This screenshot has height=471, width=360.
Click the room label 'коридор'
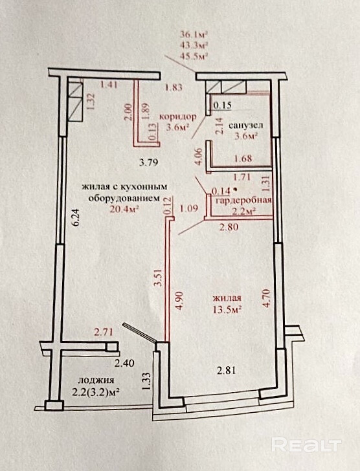point(178,116)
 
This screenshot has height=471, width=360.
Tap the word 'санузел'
point(246,125)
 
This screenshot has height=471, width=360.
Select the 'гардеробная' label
point(243,201)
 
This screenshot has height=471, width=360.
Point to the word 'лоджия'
point(96,380)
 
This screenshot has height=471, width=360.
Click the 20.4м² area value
point(126,208)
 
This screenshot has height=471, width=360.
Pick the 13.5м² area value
point(227,309)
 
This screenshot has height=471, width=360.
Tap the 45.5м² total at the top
point(194,56)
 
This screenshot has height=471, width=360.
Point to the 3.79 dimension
point(149,163)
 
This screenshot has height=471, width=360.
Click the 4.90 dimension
point(179,300)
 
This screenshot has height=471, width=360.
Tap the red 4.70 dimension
point(267,298)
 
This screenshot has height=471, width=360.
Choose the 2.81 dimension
point(227,371)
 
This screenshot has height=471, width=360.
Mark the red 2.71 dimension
point(104,333)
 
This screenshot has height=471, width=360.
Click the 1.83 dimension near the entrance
point(174,88)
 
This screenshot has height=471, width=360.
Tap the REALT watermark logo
point(306,444)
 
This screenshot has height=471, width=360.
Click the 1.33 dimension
point(146,381)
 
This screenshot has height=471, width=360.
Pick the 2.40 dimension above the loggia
point(124,364)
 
